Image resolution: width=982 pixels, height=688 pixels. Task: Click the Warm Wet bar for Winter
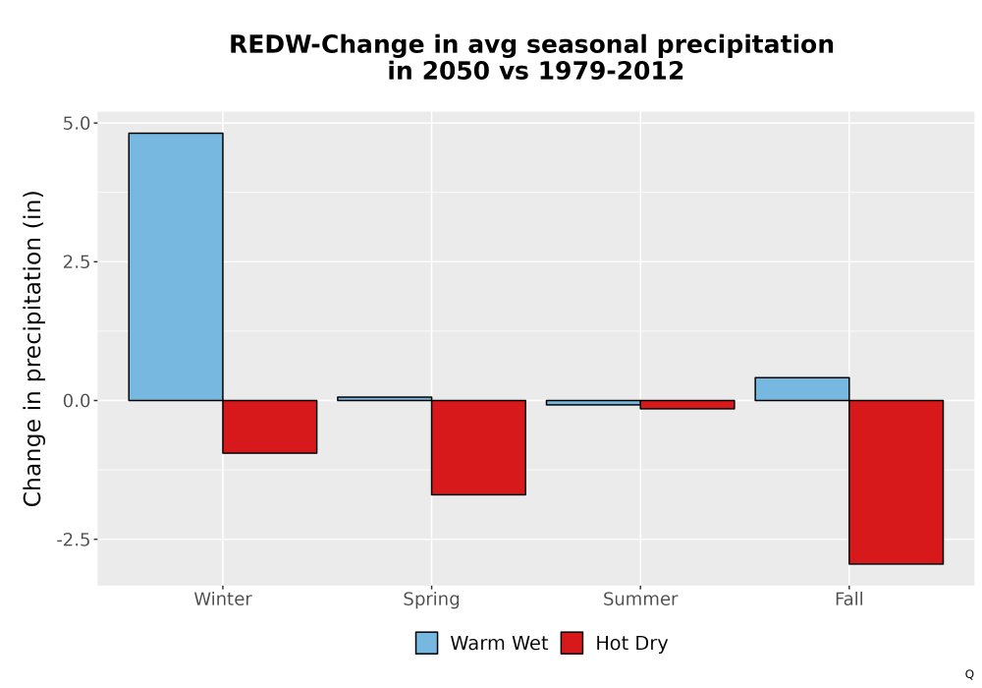[176, 266]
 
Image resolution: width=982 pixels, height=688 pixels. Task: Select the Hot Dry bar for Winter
[270, 427]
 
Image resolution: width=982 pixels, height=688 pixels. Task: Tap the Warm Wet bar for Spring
[385, 398]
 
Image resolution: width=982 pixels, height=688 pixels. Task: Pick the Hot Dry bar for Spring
[478, 447]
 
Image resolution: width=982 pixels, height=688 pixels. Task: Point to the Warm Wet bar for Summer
[593, 402]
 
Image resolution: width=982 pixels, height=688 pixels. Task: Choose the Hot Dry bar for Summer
[687, 405]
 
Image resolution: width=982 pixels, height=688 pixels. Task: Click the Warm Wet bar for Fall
[802, 389]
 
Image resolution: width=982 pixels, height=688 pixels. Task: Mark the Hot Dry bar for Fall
[897, 482]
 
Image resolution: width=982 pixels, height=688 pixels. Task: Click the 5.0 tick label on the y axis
[77, 124]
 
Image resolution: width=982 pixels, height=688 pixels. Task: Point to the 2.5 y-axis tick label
[77, 261]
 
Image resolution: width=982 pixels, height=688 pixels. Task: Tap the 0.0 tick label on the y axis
[77, 400]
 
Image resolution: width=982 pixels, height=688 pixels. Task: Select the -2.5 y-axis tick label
[74, 540]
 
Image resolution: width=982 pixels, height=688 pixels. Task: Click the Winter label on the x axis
[223, 599]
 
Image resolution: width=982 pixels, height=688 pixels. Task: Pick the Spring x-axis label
[431, 600]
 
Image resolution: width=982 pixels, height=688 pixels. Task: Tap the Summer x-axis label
[640, 599]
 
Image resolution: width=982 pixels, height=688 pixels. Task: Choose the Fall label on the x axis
[849, 599]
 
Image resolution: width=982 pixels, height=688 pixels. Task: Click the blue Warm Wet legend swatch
[426, 643]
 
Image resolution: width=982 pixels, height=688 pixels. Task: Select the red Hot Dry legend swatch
[572, 643]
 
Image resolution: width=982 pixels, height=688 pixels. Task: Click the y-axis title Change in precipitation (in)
[32, 348]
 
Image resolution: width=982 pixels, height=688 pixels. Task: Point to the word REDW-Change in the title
[326, 45]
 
